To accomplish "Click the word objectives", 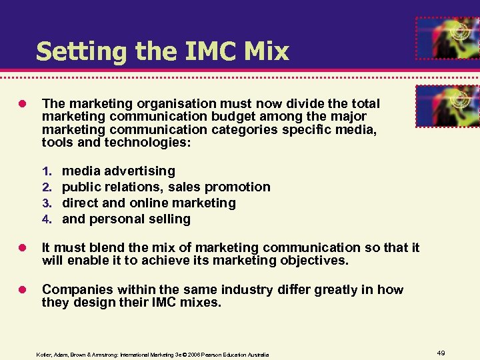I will point(309,261).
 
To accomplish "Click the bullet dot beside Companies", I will point(23,289).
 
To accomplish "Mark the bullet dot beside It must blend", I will point(23,248).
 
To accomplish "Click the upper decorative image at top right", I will point(447,38).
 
